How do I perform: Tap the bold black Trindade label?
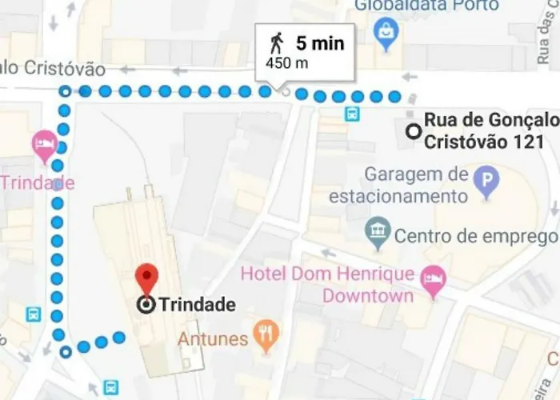point(197,305)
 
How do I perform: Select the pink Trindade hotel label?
point(37,182)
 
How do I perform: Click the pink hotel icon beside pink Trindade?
point(43,146)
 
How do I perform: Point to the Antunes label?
point(214,338)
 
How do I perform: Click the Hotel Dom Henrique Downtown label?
point(328,285)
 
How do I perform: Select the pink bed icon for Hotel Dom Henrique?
point(433,279)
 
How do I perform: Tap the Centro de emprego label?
point(475,236)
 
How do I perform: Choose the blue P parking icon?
point(485,182)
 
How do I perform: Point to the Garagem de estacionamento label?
point(415,185)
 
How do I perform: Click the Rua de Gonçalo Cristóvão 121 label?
point(490,131)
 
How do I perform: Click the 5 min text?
point(319,43)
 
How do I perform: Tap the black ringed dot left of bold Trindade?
point(146,305)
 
